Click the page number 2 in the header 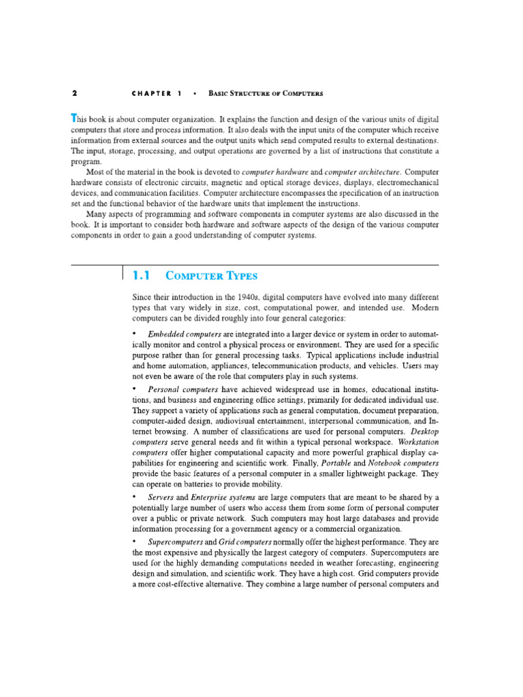[74, 93]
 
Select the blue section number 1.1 [140, 276]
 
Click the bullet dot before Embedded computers [134, 334]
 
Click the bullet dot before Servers [134, 496]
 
